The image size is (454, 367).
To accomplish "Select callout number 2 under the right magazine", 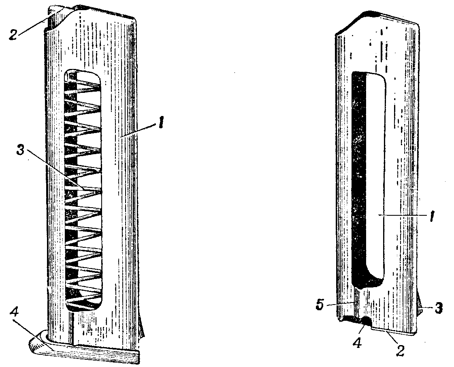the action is [400, 350].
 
